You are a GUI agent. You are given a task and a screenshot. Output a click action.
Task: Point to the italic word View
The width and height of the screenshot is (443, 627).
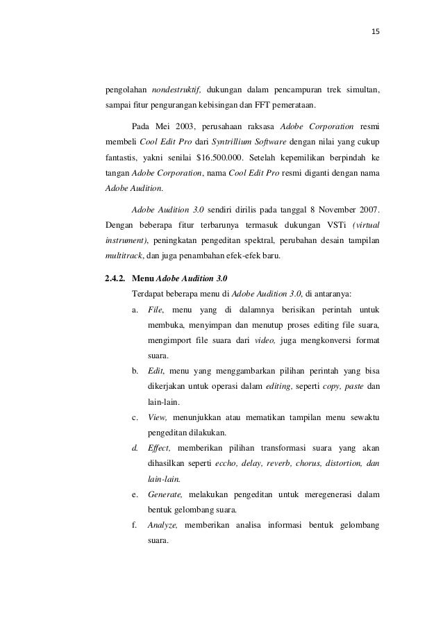click(158, 417)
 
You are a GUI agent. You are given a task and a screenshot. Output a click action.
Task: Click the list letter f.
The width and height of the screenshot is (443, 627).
click(135, 526)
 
